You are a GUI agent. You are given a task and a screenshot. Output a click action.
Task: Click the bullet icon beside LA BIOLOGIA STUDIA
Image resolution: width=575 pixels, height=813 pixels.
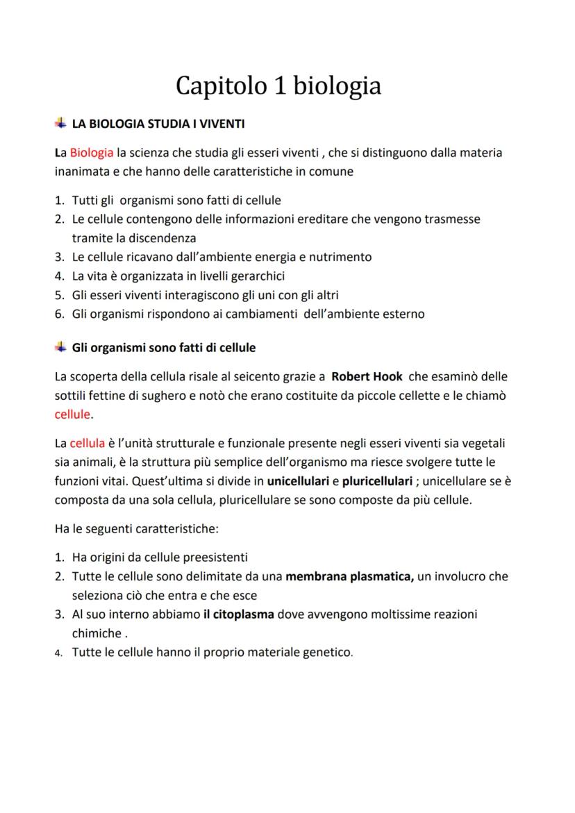point(60,124)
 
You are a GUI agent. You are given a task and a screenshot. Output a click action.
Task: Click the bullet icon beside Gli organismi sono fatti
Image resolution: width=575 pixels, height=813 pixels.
point(60,346)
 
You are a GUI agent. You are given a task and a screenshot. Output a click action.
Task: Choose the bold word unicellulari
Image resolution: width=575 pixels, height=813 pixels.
point(299,480)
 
